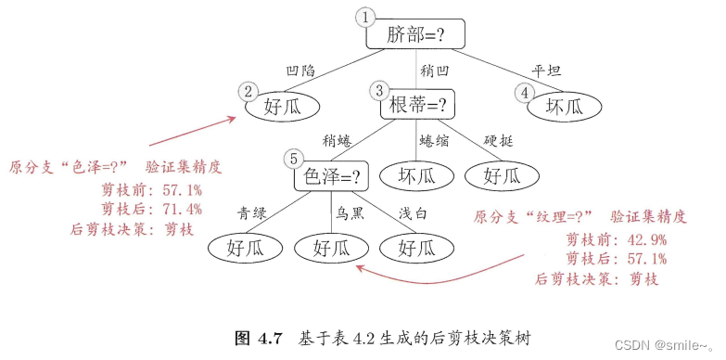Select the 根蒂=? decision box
tap(417, 105)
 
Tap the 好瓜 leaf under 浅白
tap(417, 247)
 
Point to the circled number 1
tap(367, 16)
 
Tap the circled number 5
tap(293, 157)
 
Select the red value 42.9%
tap(643, 239)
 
